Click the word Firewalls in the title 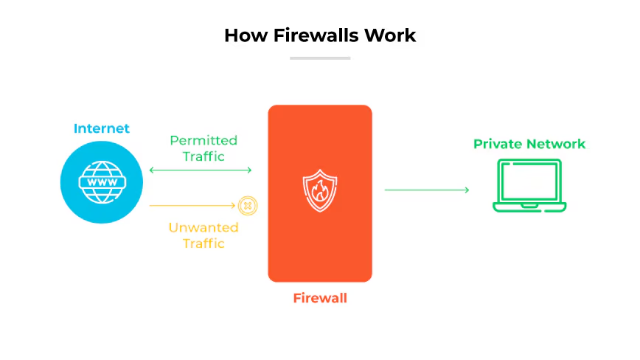coord(316,35)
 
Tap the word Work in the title coord(390,35)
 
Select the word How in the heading coord(246,35)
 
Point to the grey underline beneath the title coord(320,58)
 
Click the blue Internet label coord(102,128)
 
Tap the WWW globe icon coord(102,182)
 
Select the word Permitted coord(204,141)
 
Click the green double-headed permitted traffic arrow coord(201,170)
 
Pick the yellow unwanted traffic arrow coord(192,205)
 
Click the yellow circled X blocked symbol coord(248,206)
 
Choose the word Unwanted coord(204,227)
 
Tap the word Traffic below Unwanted coord(204,243)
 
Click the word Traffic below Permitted coord(204,156)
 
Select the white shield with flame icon coord(320,190)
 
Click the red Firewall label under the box coord(320,298)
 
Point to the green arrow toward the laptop coord(427,190)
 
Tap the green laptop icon coord(529,186)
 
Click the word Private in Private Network coord(498,144)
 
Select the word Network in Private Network coord(556,144)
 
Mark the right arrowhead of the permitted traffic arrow coord(250,170)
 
